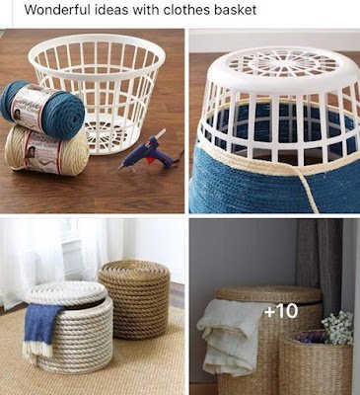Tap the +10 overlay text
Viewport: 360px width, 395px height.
click(x=280, y=312)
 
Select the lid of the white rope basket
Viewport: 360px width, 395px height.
click(x=67, y=292)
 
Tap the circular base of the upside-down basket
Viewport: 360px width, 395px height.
click(x=273, y=64)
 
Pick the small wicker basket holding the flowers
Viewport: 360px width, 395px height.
click(x=316, y=365)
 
